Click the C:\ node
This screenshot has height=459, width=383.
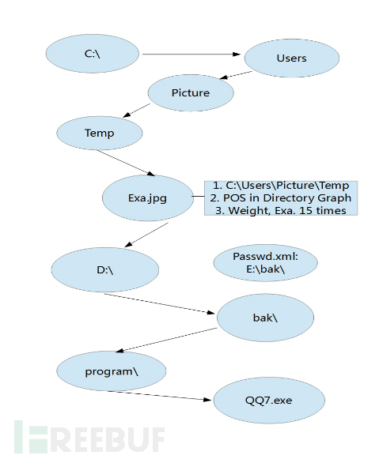coord(93,54)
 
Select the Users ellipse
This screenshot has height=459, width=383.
coord(292,58)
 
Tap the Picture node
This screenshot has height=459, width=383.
coord(191,92)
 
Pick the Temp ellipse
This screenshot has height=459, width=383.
coord(100,133)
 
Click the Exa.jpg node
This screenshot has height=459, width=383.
coord(147,198)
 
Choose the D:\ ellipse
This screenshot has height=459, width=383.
coord(105,269)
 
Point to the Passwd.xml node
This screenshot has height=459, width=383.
coord(265,262)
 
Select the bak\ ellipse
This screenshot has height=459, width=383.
coord(265,318)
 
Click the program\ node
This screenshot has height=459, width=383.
coord(112,371)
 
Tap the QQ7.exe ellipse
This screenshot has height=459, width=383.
coord(269,400)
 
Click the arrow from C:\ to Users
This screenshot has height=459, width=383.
coord(191,55)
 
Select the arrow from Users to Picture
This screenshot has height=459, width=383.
coord(236,75)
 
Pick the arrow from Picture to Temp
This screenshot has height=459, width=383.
coord(136,111)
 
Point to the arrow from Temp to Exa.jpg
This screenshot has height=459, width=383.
coord(126,163)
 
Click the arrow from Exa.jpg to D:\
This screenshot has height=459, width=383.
coord(146,235)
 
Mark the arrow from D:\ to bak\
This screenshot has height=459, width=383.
coord(160,303)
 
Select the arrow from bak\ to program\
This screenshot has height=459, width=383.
coord(166,340)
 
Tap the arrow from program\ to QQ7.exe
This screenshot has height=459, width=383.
coord(159,396)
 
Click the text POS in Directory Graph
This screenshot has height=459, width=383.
coord(287,198)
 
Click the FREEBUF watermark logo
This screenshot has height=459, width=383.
coord(89,437)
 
